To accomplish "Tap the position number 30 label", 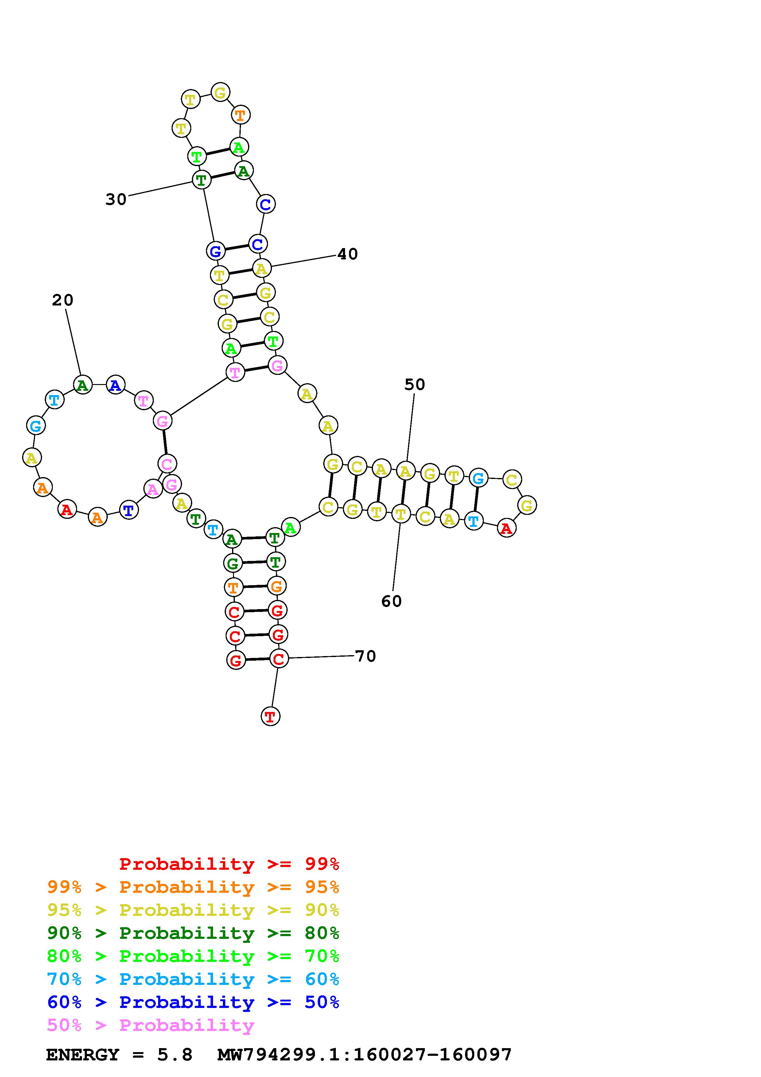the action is point(116,199).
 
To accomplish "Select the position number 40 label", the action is point(347,254).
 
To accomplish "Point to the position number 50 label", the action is point(414,385).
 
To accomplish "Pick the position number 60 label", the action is point(391,601).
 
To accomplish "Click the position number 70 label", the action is point(366,656).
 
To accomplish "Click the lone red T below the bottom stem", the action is point(270,716).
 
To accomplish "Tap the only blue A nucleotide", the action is point(115,385).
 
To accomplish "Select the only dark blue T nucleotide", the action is point(129,510).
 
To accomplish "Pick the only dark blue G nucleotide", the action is point(215,251).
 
